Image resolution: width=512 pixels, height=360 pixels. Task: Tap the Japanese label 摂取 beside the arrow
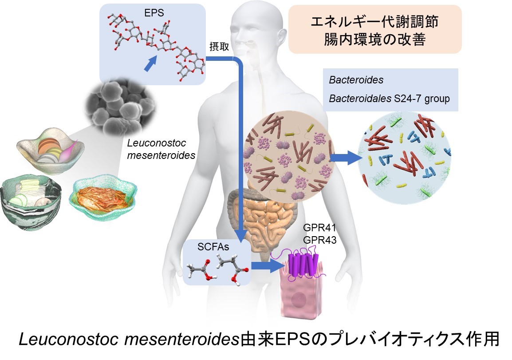point(219,47)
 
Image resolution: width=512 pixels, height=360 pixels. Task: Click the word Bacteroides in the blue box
point(356,80)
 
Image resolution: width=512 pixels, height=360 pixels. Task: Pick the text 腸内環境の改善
point(375,40)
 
